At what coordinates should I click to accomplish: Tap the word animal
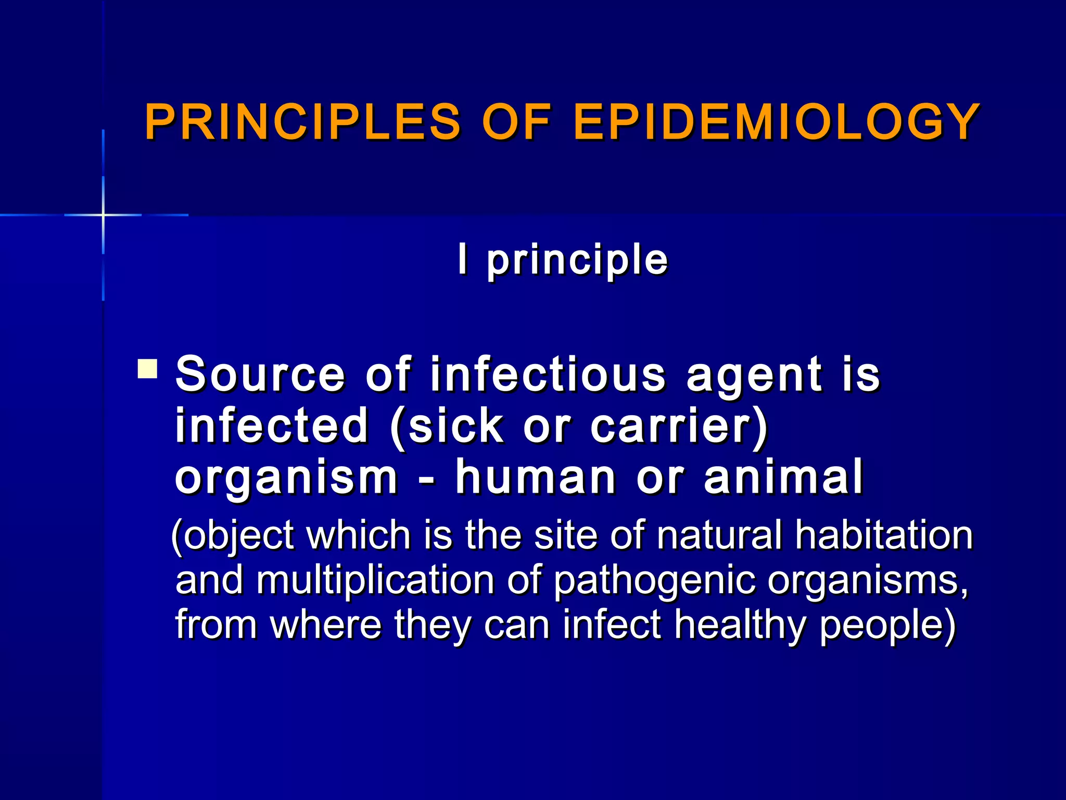point(783,477)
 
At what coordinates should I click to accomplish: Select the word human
point(536,477)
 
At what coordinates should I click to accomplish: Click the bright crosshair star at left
point(103,215)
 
